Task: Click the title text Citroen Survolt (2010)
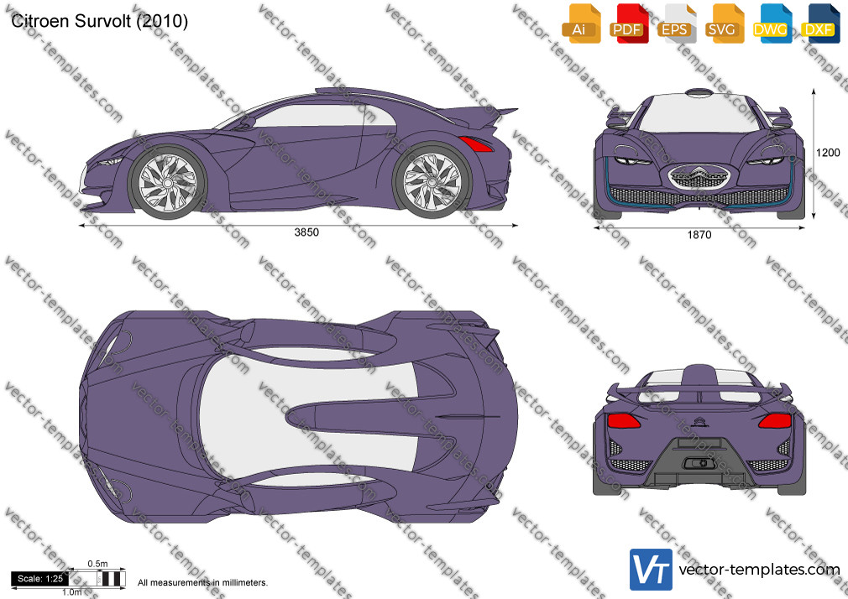pos(100,21)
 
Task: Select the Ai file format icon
pos(580,23)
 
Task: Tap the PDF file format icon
pos(628,23)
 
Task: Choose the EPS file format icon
pos(676,23)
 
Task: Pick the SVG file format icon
pos(724,23)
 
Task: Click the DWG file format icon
pos(772,23)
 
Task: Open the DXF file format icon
pos(820,23)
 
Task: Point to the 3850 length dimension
pos(306,232)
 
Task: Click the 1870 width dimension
pos(699,235)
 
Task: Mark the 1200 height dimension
pos(828,153)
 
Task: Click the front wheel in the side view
pos(167,183)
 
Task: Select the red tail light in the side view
pos(476,143)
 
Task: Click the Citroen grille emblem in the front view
pos(699,176)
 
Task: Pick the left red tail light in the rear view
pos(624,420)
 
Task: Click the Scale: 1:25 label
pos(40,579)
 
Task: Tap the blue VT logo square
pos(652,570)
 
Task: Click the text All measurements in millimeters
pos(202,583)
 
